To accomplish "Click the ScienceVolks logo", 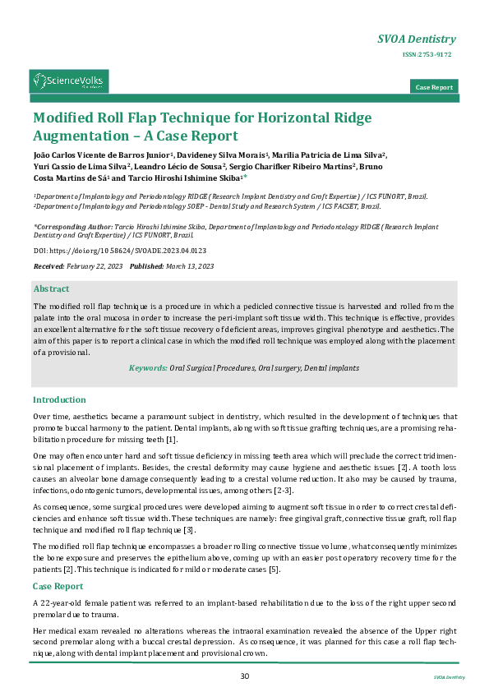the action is (x=69, y=81).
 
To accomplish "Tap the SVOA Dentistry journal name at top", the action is (x=416, y=39).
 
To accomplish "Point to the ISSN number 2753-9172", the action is (x=427, y=54).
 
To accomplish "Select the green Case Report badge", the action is (x=434, y=87).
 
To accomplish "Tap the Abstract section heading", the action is (x=51, y=288).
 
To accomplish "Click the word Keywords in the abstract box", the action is (x=147, y=368).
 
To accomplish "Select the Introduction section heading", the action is (x=59, y=399).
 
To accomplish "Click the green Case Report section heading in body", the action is (x=58, y=586).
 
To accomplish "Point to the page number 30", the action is (x=244, y=676).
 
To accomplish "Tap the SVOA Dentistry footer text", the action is (x=449, y=676).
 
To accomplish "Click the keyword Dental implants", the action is (x=332, y=368).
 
